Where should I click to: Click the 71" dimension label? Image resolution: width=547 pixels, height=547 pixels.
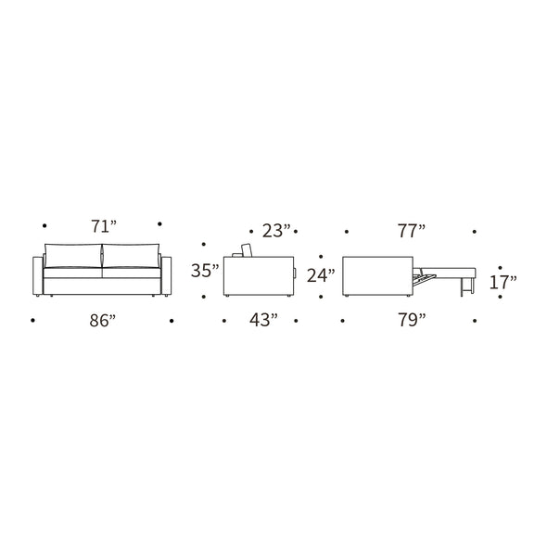(x=104, y=226)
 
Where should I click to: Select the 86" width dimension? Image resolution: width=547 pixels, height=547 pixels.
(x=102, y=321)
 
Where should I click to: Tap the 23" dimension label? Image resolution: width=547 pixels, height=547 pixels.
(x=276, y=231)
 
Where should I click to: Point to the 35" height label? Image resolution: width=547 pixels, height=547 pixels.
(x=205, y=271)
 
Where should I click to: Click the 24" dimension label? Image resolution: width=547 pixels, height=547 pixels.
(x=321, y=275)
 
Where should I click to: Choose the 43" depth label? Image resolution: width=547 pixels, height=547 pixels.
(x=263, y=320)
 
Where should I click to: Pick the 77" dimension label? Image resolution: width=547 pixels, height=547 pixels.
(x=412, y=231)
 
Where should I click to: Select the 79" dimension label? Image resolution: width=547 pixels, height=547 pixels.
(x=412, y=320)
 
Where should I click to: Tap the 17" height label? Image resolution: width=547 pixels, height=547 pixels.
(x=503, y=282)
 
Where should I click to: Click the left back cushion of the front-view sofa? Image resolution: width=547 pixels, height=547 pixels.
(x=73, y=256)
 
